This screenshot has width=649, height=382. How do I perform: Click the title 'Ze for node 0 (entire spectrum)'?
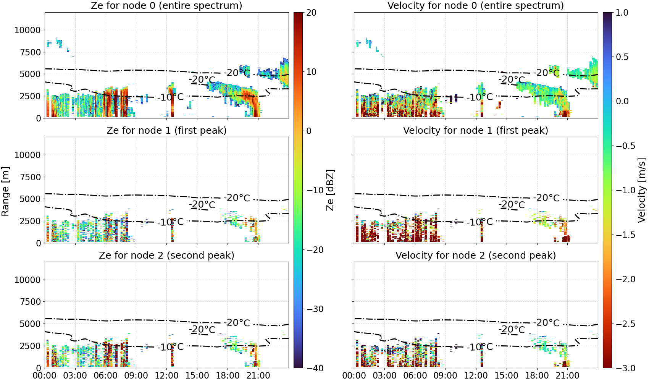tap(166, 5)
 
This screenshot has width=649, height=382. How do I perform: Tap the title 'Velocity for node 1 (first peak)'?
tap(476, 130)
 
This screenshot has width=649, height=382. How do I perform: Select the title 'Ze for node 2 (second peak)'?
tap(166, 255)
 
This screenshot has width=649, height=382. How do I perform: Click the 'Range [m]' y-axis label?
tap(5, 191)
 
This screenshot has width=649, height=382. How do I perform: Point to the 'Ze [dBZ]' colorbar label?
tap(330, 190)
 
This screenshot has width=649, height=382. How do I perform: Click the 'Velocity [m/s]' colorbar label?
tap(642, 190)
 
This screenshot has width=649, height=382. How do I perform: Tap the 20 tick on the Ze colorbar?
tap(311, 13)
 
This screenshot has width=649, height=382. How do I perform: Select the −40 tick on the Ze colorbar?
tap(315, 368)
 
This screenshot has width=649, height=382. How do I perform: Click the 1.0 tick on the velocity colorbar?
tap(622, 13)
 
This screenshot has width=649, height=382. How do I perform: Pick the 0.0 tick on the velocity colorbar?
tap(622, 101)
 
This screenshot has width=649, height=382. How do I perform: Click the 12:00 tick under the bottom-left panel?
tap(166, 376)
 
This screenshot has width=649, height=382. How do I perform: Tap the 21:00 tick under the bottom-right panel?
tap(567, 376)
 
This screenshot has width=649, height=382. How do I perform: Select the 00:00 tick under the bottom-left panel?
tap(45, 376)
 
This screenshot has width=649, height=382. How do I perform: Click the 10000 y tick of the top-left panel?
tap(27, 30)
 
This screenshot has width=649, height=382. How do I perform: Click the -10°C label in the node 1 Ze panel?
tap(171, 222)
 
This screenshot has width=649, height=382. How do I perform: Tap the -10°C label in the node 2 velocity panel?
tap(480, 347)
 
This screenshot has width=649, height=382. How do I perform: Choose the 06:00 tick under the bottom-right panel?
tap(415, 376)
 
